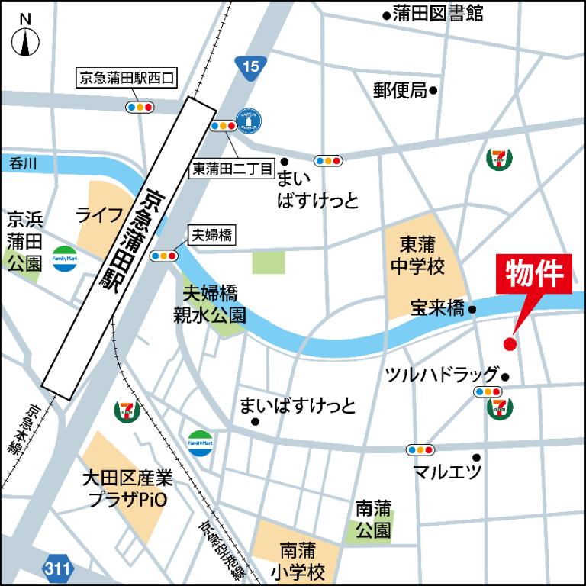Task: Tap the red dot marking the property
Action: coord(510,344)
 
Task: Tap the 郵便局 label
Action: coord(400,90)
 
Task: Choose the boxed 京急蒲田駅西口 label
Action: coord(128,78)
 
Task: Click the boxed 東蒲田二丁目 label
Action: coord(231,169)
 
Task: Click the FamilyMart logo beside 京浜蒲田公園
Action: coord(64,258)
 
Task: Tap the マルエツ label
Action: coord(448,471)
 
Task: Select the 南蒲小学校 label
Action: coord(302,561)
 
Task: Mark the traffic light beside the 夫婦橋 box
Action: coord(164,256)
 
